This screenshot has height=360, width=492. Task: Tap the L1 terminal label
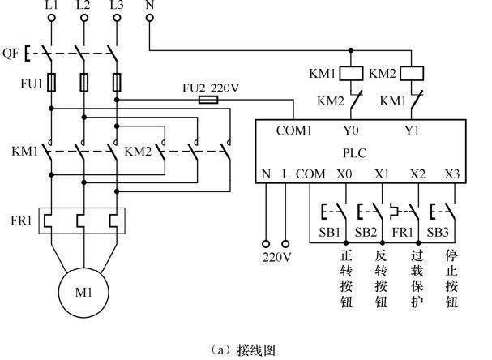[x=51, y=6]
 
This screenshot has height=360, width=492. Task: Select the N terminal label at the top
[x=148, y=6]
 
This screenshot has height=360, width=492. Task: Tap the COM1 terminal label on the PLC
[x=293, y=130]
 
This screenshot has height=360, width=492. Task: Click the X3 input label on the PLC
[x=451, y=174]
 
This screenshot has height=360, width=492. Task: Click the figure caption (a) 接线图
[x=244, y=349]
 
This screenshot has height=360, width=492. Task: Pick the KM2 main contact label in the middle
[x=139, y=151]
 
